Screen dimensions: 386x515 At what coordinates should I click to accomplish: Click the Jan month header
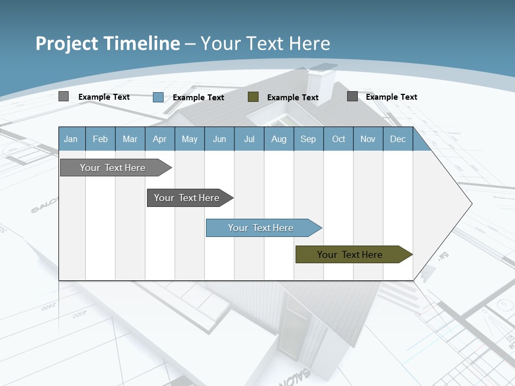tap(71, 139)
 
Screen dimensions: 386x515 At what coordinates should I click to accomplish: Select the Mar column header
tap(130, 139)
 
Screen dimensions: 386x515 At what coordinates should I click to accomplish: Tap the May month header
tap(189, 139)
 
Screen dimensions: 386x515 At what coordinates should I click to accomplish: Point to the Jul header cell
tap(249, 139)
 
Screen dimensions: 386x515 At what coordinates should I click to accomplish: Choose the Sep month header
tap(308, 139)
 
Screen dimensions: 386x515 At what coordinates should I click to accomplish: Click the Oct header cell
tap(339, 139)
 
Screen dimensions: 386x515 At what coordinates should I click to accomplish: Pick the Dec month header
tap(398, 139)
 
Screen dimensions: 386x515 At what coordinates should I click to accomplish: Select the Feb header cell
tap(100, 139)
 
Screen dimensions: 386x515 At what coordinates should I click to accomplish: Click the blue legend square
tap(158, 97)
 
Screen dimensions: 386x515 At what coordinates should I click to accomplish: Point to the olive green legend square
tap(253, 97)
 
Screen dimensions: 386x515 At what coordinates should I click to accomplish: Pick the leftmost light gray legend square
tap(64, 96)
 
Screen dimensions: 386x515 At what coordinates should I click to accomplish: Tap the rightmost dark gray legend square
tap(352, 96)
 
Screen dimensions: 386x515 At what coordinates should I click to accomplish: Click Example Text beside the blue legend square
tap(198, 98)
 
